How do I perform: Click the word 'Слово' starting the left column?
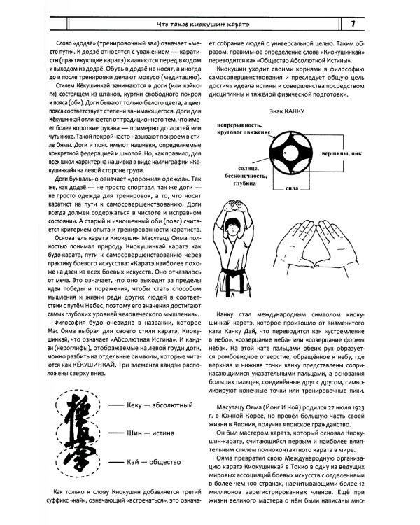[54, 43]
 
